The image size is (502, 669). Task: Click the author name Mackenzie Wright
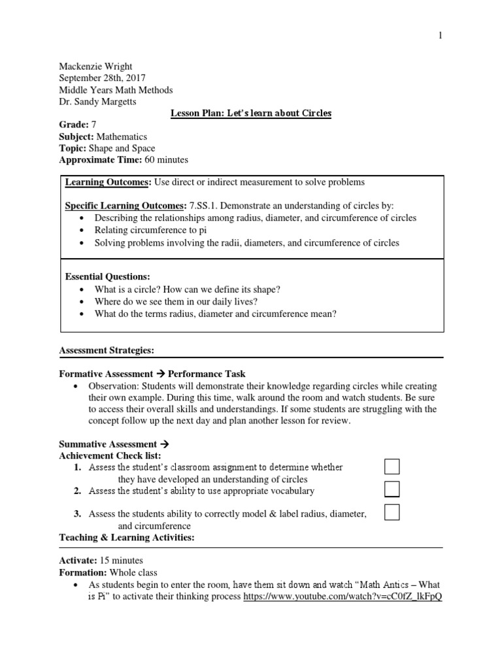tap(95, 66)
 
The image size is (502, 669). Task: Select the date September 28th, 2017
tap(103, 78)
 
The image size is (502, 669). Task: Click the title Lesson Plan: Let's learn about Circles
tap(251, 113)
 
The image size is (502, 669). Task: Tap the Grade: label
tap(73, 125)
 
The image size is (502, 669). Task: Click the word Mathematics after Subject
tap(122, 137)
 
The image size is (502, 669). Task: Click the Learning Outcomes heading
tap(108, 182)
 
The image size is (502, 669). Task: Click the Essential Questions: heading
tap(108, 276)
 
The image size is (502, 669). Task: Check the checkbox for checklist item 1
tap(392, 466)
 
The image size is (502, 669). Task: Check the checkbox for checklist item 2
tap(392, 489)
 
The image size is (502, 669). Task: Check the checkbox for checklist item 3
tap(392, 512)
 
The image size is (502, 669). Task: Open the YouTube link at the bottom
tap(343, 597)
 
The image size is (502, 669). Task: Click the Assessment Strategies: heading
tap(107, 351)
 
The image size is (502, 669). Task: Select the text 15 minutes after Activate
tap(121, 561)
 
